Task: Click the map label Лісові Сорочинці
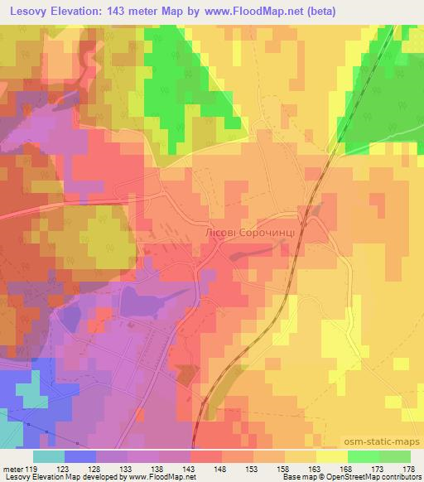tap(249, 234)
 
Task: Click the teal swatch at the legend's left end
tap(49, 456)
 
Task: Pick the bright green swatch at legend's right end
tap(394, 456)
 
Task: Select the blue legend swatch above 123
tap(79, 456)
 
